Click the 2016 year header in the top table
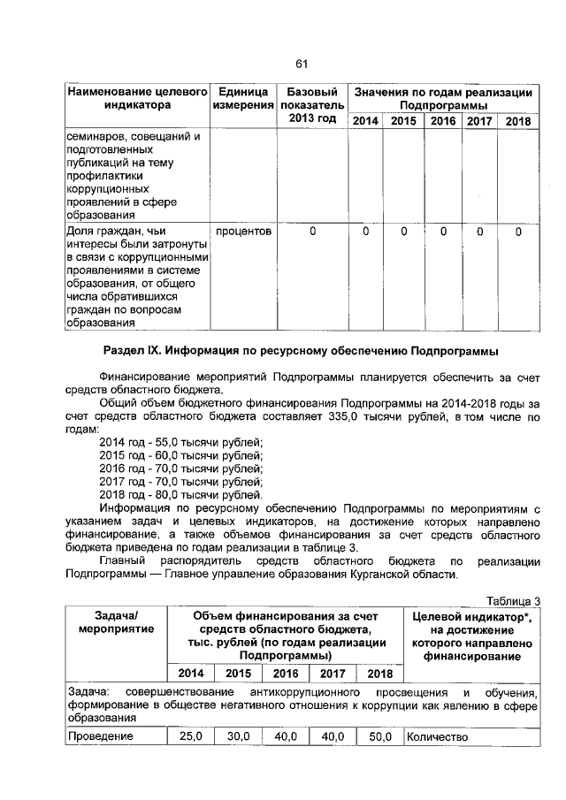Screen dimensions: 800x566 (x=443, y=121)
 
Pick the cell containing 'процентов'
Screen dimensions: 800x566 (x=243, y=232)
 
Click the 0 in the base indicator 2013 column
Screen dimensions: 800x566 (x=312, y=232)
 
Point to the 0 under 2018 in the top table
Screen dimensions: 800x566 (x=518, y=232)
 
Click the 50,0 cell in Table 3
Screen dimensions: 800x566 (x=379, y=736)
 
